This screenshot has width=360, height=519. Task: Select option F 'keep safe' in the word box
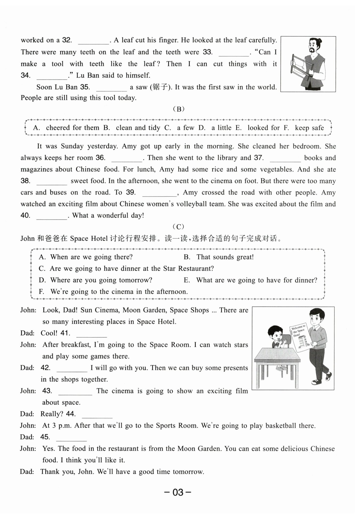point(309,128)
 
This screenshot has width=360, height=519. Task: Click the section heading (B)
point(178,109)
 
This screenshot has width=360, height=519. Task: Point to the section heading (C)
point(178,227)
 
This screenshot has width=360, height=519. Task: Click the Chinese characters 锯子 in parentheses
point(160,87)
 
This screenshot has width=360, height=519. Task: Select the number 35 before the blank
point(85,87)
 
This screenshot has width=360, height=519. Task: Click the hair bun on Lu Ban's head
point(319,41)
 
